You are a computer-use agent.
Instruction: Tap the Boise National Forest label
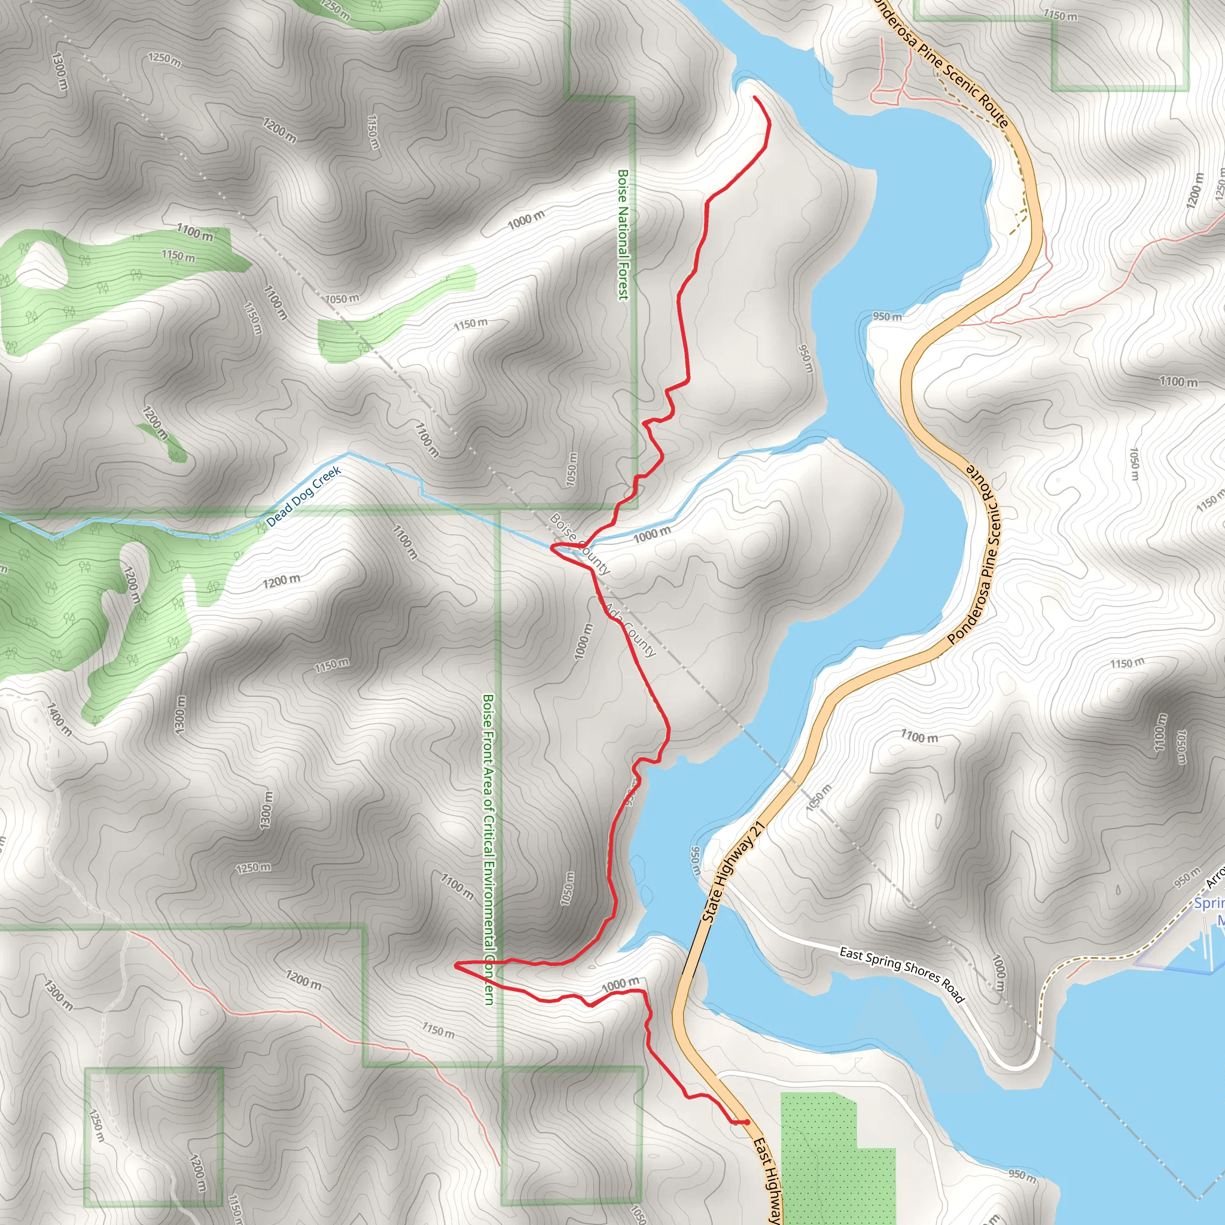tap(623, 234)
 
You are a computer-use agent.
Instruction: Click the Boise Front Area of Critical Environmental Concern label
tap(488, 849)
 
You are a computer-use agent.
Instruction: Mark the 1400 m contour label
tap(59, 718)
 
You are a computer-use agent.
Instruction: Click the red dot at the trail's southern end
tap(747, 1122)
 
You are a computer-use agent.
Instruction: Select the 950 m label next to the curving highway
tap(886, 316)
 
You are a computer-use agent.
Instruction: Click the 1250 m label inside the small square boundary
tap(97, 1125)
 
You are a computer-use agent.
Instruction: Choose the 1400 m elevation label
tap(59, 718)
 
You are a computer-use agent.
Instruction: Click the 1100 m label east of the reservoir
tap(919, 737)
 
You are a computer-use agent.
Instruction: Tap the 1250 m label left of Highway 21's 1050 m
tap(253, 867)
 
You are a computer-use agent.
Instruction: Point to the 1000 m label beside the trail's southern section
tap(620, 985)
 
